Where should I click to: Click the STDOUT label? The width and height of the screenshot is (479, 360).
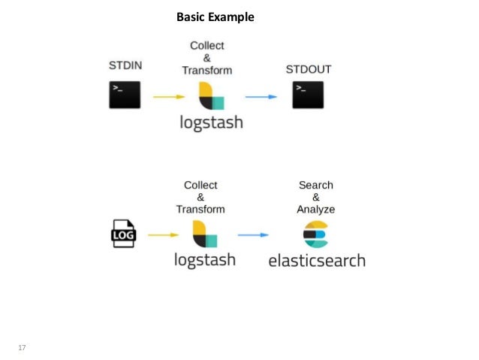pos(309,69)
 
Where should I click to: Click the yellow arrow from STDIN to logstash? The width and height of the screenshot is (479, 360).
pos(169,97)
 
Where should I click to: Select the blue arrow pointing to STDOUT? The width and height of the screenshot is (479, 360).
pos(261,97)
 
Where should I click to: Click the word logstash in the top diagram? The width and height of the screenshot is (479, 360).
pos(211,123)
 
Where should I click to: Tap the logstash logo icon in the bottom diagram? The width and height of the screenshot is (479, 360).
pos(204,234)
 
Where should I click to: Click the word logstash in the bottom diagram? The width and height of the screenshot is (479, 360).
pos(204,260)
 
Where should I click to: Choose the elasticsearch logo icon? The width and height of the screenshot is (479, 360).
pos(315,234)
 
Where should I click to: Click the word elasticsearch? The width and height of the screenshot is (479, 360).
pos(317,261)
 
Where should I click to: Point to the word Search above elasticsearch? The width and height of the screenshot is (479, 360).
pos(315,185)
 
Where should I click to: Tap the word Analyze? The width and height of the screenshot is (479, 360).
pos(315,209)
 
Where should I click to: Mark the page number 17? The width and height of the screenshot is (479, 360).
pos(22,346)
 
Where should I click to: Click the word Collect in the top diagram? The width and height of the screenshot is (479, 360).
pos(206,46)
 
